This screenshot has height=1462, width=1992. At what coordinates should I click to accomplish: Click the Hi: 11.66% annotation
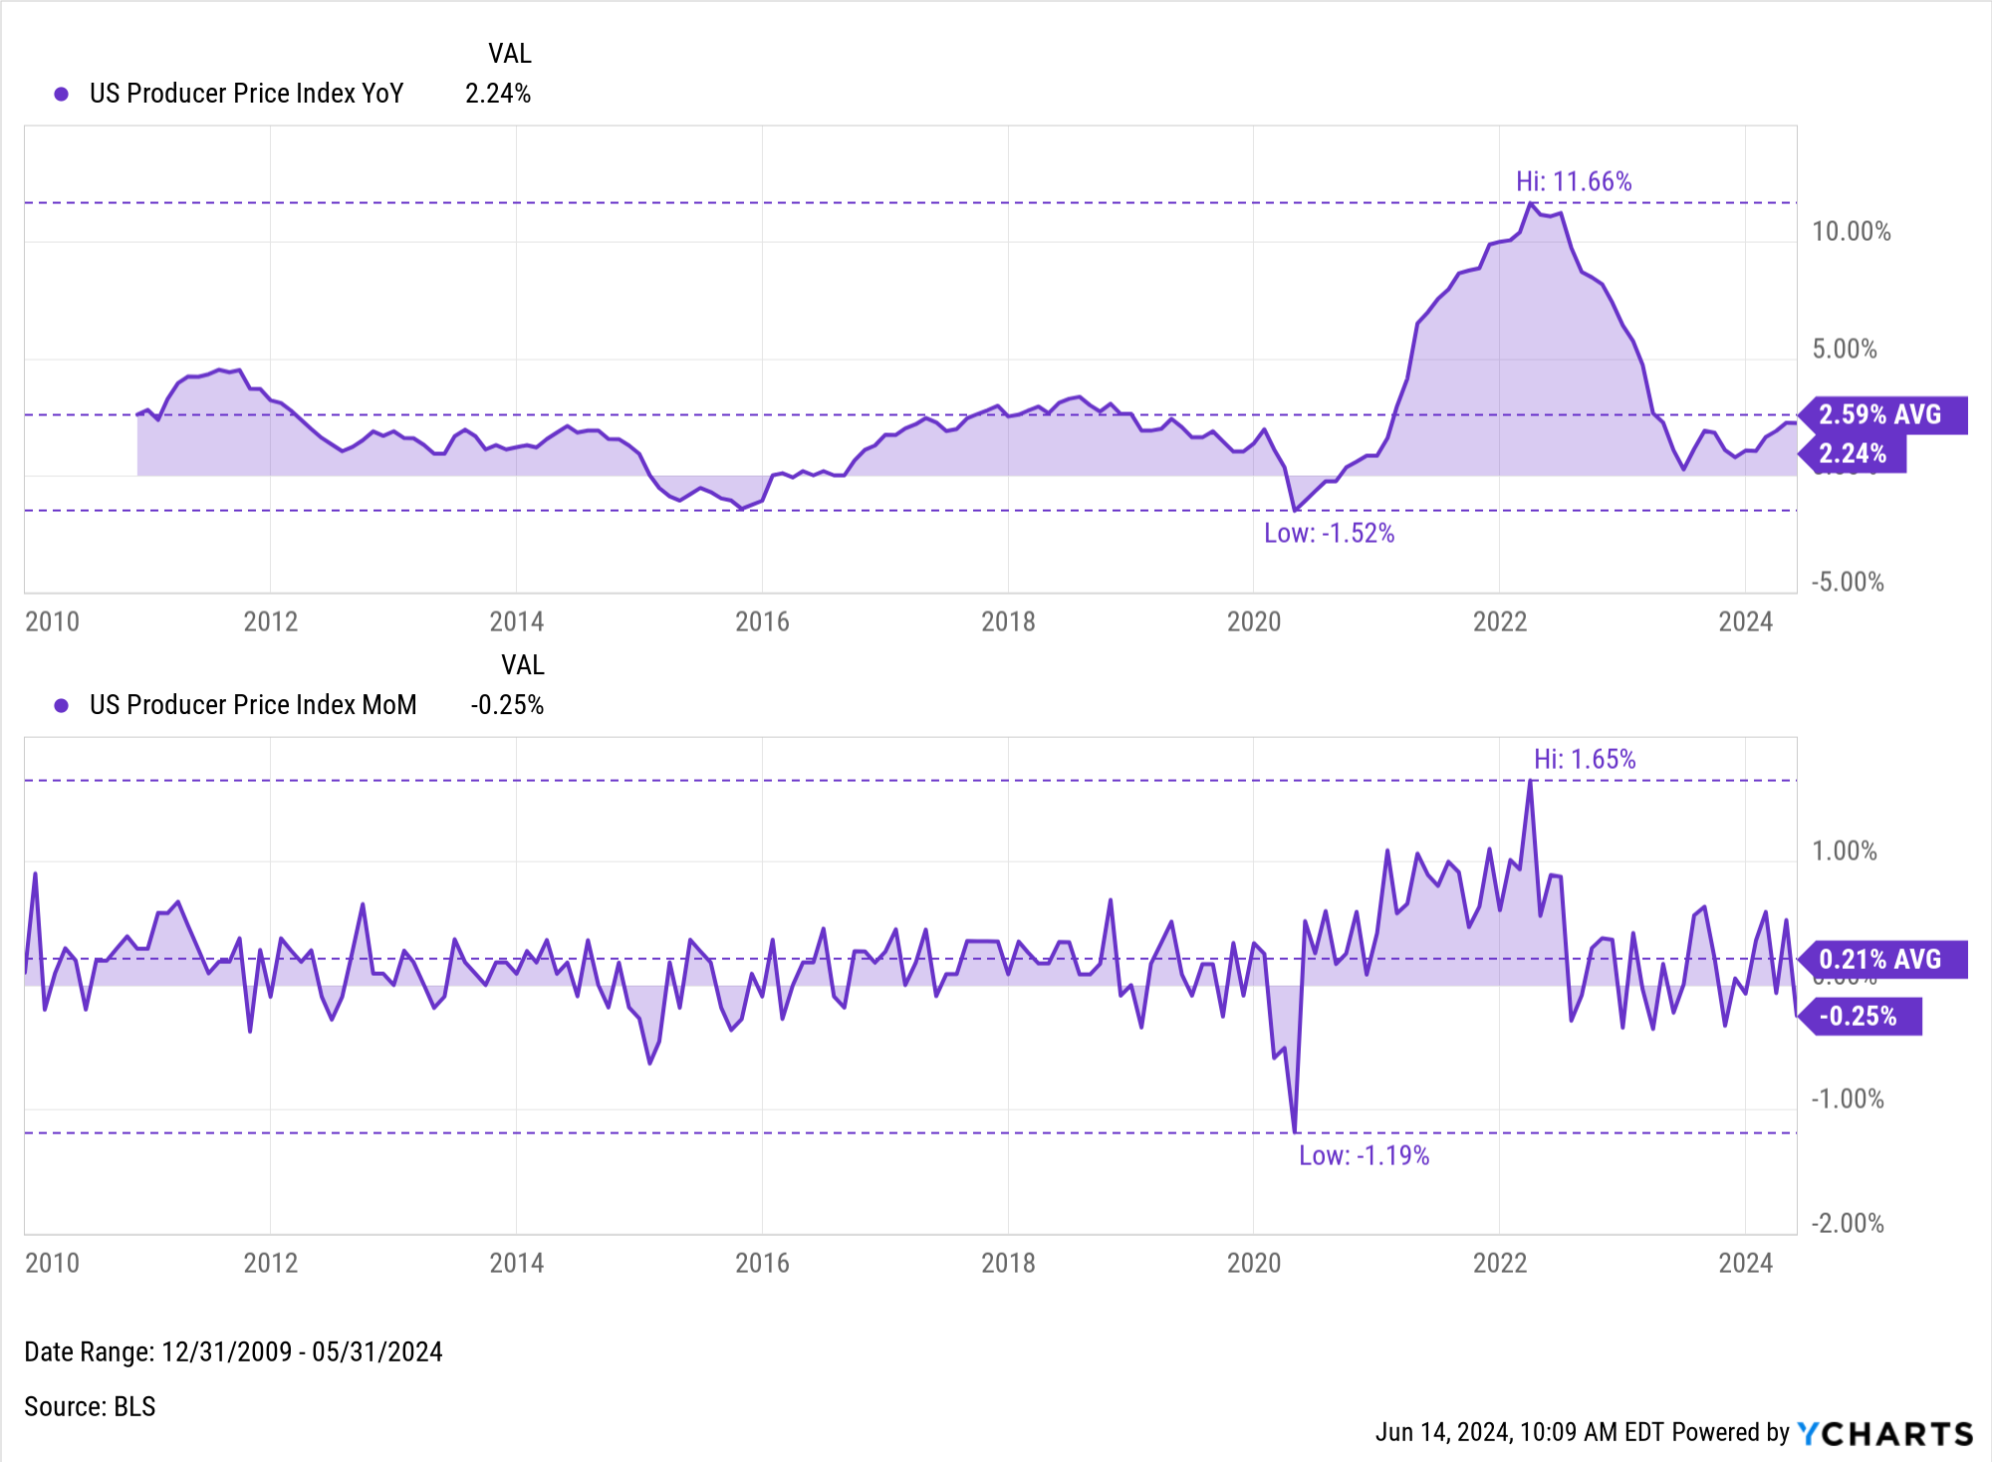point(1573,181)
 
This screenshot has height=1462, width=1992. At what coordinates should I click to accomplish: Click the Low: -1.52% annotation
point(1329,533)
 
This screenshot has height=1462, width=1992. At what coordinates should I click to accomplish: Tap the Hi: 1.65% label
point(1584,759)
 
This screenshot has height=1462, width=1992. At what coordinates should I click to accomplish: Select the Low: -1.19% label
point(1364,1155)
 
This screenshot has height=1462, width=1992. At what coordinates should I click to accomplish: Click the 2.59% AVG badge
point(1880,414)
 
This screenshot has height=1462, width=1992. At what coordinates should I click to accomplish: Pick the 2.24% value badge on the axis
point(1853,454)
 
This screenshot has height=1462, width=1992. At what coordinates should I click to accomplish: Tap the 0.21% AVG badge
point(1880,959)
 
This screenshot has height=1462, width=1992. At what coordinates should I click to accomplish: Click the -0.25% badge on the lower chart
point(1859,1017)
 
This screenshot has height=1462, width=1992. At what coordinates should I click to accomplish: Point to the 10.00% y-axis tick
point(1851,231)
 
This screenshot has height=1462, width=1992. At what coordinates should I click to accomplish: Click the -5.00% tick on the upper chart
point(1848,582)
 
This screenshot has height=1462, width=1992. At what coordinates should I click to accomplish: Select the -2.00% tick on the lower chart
point(1848,1223)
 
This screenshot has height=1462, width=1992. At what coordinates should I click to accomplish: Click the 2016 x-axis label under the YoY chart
point(762,621)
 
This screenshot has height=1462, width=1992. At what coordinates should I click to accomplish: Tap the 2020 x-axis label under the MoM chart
point(1253,1263)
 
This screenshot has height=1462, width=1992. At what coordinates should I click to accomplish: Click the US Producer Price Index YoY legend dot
point(62,94)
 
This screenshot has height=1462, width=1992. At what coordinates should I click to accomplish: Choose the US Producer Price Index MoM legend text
point(253,705)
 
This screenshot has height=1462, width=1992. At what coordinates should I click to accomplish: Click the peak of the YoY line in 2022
point(1531,203)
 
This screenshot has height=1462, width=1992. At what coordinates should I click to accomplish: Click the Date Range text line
point(233,1351)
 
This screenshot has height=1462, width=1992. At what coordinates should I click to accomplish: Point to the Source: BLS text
point(90,1406)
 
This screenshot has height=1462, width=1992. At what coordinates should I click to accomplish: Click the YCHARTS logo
point(1885,1433)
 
